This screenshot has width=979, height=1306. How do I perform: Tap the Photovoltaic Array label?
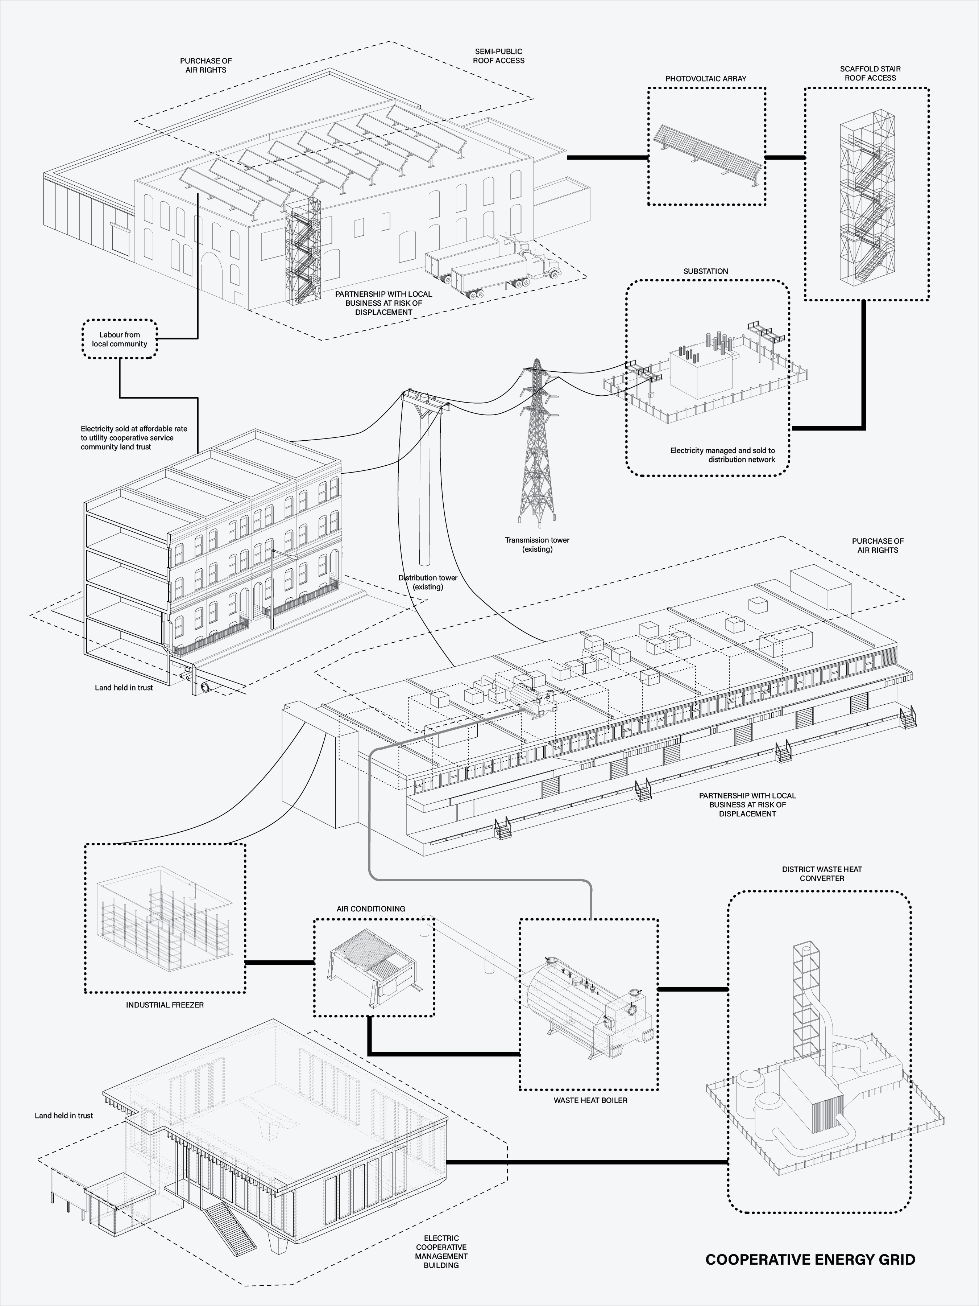[x=706, y=79]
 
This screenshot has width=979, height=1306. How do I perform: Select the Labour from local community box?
[x=120, y=339]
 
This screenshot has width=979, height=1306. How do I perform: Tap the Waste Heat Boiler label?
[x=590, y=1100]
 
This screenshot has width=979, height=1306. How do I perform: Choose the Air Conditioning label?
[x=370, y=909]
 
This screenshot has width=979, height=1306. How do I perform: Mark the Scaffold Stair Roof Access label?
[x=870, y=73]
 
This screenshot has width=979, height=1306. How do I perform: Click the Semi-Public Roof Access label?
[x=498, y=56]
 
